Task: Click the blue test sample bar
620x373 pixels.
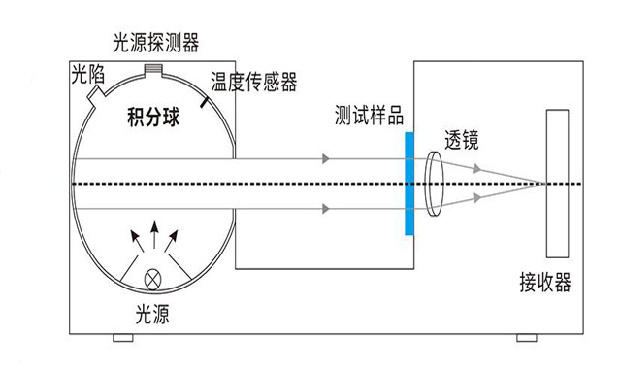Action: [410, 183]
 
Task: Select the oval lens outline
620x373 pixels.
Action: [432, 183]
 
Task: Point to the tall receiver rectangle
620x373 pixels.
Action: [557, 182]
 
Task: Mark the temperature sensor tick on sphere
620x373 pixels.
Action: [205, 100]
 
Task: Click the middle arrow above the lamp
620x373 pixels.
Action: [152, 233]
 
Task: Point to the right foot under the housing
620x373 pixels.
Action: [525, 338]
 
